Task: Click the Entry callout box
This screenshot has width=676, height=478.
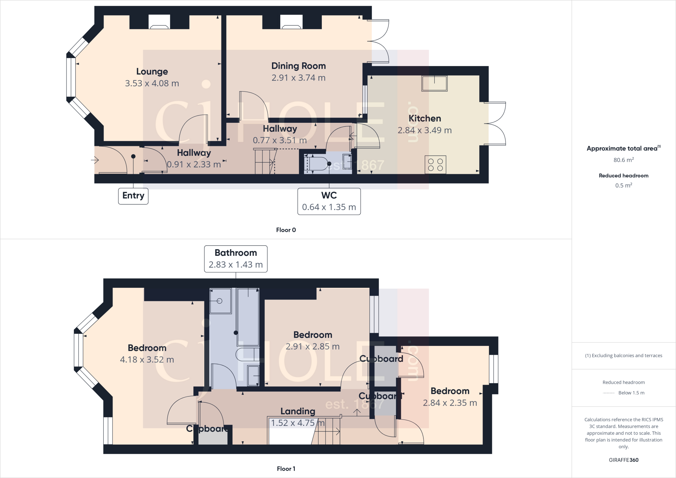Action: coord(133,196)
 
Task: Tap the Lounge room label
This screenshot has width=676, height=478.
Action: coord(152,72)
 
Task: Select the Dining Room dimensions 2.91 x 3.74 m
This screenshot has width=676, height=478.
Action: coord(298,78)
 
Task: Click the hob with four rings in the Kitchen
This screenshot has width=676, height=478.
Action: coord(435,164)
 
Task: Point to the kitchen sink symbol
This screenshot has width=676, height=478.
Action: coord(434,84)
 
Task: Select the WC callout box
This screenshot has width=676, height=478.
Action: coord(329,201)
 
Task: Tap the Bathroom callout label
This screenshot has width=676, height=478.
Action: coord(236,259)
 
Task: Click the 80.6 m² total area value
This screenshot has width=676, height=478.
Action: coord(624,160)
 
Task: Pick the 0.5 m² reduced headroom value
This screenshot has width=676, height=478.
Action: coord(624,186)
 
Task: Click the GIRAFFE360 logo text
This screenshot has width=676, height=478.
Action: coord(624,460)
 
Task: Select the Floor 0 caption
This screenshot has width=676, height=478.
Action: coord(286,230)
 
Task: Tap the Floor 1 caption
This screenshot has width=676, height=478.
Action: coord(286,469)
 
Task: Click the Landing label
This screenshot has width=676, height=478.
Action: coord(298,411)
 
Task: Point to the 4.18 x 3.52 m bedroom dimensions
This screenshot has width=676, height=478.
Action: coord(147,360)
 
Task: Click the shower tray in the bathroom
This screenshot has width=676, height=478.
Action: coord(220,301)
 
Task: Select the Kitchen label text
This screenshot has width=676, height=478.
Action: coord(424,119)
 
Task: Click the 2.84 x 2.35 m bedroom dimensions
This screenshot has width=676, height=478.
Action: coord(450,403)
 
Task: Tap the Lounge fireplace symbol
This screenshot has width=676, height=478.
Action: coord(159,22)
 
